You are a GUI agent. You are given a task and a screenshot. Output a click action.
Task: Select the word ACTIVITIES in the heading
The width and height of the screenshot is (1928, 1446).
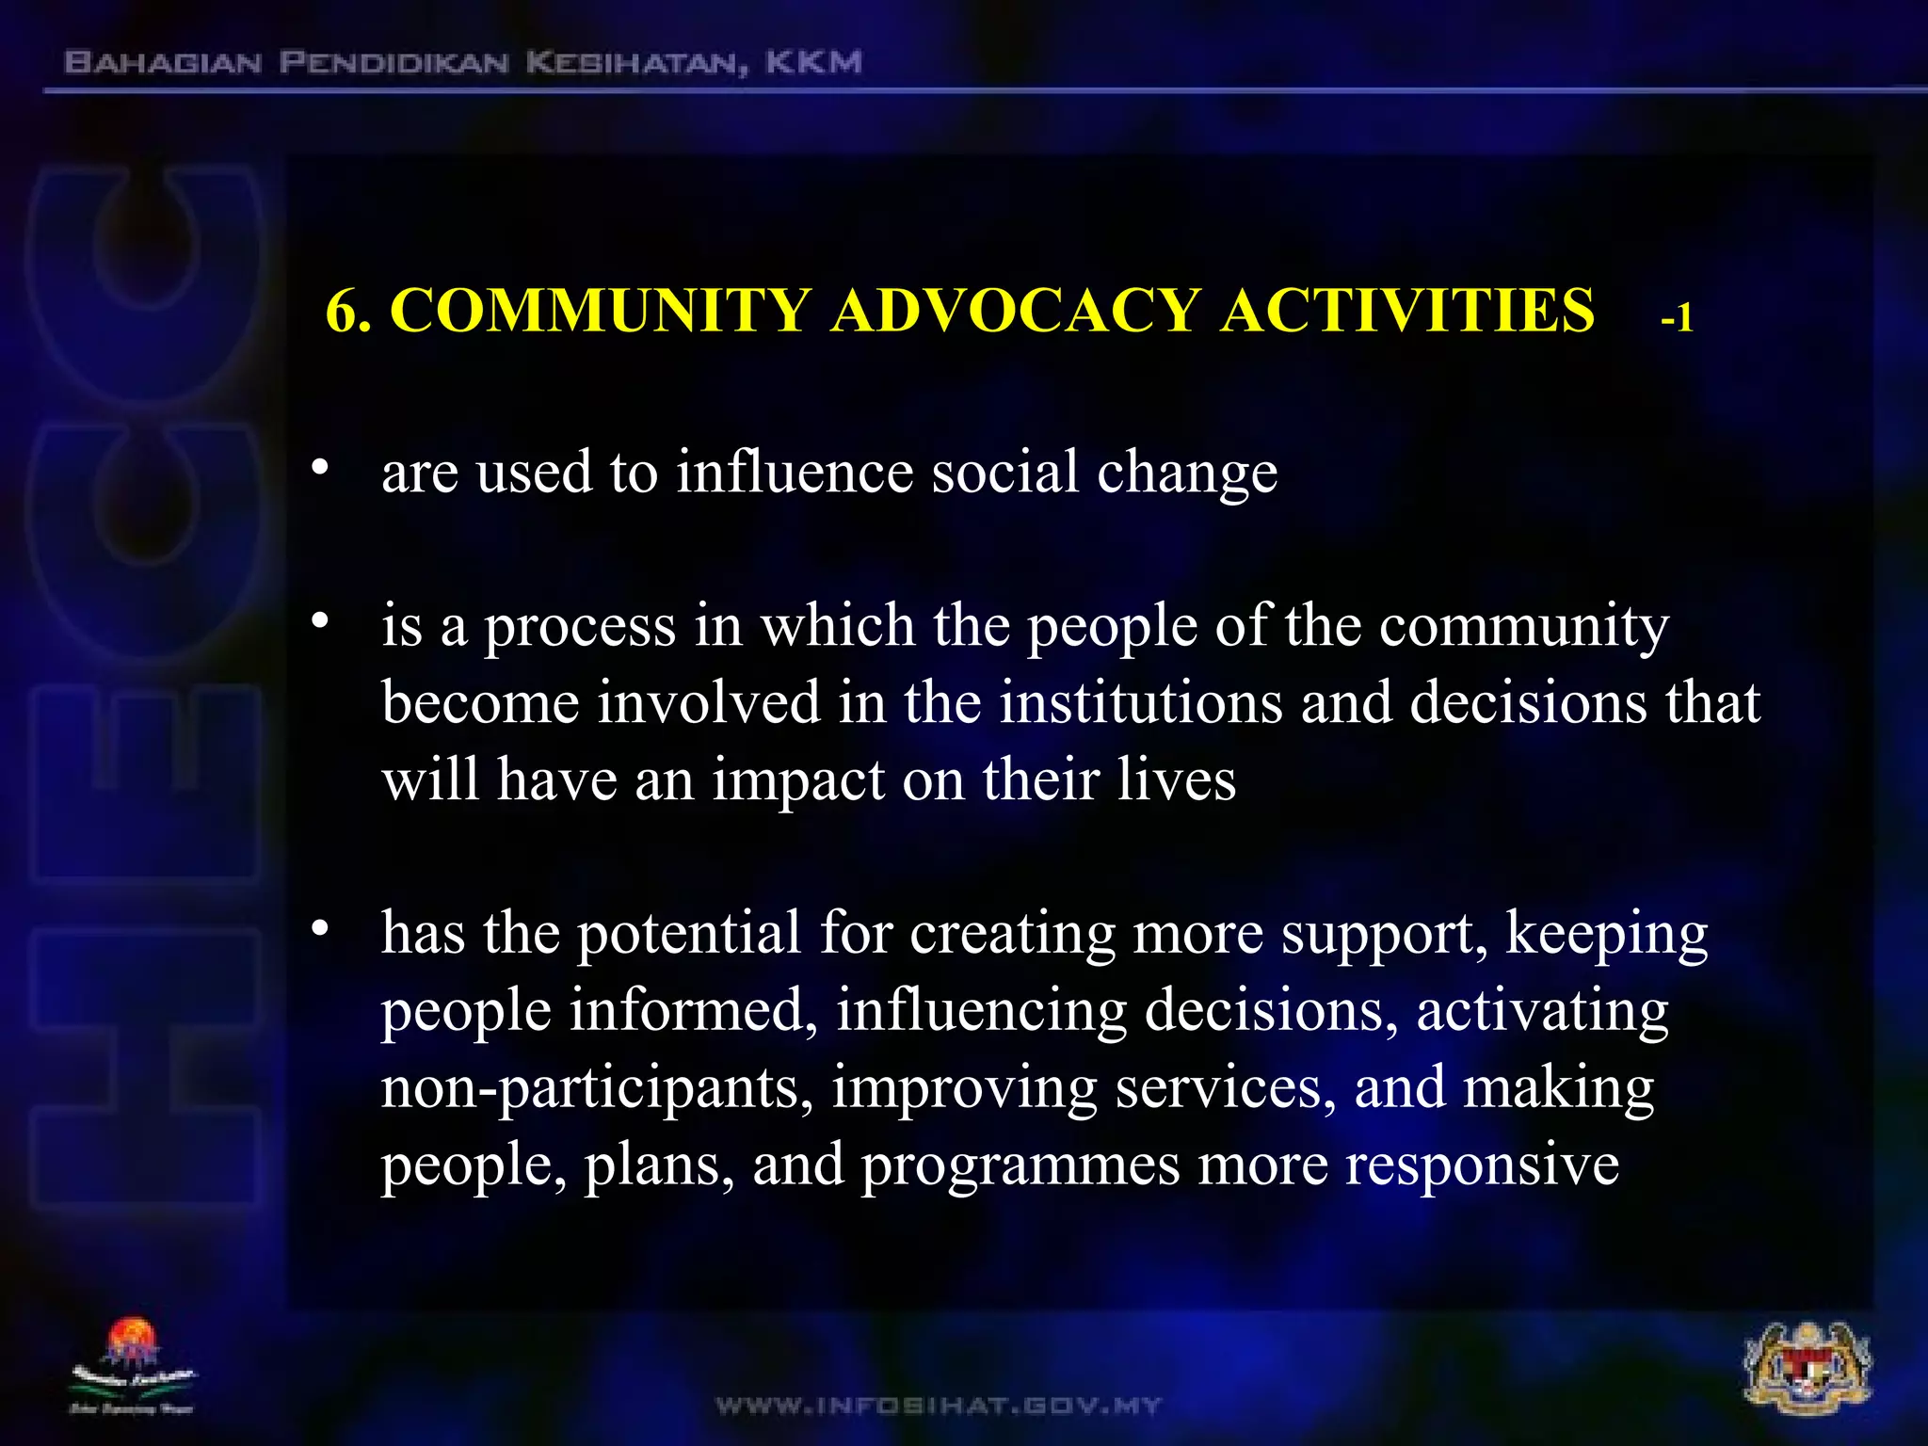[x=1406, y=310]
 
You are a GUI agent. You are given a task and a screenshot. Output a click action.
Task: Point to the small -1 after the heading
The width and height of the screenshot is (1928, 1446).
[x=1677, y=319]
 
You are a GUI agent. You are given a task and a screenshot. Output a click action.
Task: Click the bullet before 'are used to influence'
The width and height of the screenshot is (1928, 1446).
[x=321, y=468]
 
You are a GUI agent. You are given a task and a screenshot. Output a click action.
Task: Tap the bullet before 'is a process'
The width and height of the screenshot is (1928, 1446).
[x=321, y=621]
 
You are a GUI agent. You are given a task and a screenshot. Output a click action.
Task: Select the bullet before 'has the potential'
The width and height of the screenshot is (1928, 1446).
[x=321, y=929]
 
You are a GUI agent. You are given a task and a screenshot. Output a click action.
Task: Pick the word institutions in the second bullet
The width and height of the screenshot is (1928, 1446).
[x=1140, y=702]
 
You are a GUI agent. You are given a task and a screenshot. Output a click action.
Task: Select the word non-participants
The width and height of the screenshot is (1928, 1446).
[x=596, y=1088]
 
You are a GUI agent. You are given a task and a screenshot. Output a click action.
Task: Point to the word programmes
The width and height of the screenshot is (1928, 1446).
[x=1020, y=1165]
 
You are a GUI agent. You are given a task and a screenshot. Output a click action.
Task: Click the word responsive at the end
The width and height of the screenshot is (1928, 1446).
[x=1482, y=1165]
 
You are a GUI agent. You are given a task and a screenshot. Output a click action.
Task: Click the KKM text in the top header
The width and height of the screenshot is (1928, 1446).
[x=813, y=63]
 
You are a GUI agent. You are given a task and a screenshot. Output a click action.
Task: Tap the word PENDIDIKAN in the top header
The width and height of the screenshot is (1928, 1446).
[x=394, y=63]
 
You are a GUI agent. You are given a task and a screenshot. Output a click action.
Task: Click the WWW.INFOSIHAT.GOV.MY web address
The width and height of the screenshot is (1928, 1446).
[x=939, y=1406]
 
